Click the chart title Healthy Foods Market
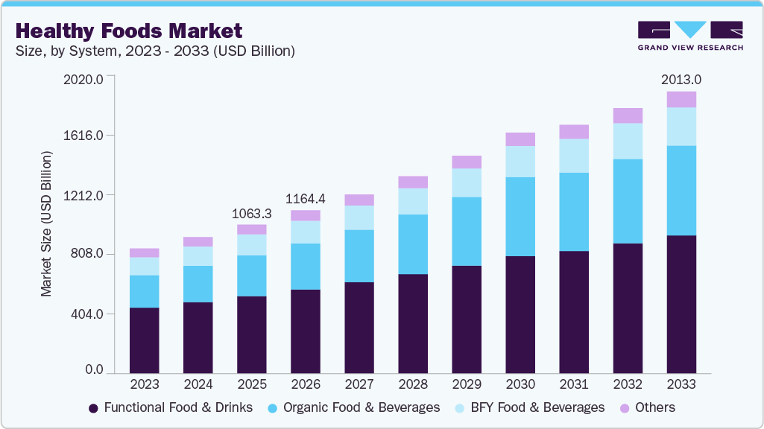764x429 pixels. tap(129, 31)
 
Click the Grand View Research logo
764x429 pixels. tap(689, 36)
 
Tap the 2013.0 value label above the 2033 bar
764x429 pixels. tap(681, 79)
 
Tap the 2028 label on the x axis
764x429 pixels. tap(413, 384)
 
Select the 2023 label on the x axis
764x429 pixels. tap(144, 384)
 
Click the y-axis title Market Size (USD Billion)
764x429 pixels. tap(47, 224)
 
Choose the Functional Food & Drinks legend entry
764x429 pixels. tap(171, 407)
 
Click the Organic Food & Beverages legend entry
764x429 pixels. tap(353, 407)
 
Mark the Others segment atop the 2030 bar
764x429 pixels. tap(520, 139)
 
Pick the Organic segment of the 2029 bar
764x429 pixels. tap(467, 231)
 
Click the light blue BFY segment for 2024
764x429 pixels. tap(198, 256)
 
